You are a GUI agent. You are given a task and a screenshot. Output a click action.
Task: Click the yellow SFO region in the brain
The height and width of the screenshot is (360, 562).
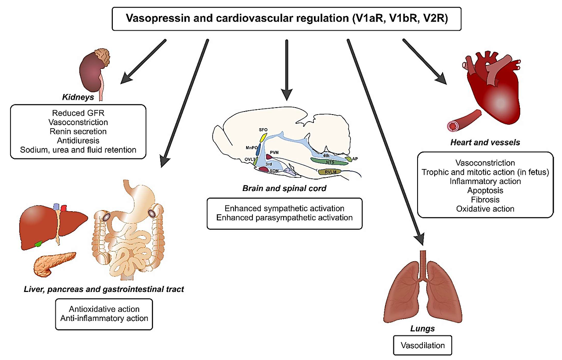263,137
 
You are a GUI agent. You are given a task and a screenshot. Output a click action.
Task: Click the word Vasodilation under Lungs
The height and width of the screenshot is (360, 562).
423,346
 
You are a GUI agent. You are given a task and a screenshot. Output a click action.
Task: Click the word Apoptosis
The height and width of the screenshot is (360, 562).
485,191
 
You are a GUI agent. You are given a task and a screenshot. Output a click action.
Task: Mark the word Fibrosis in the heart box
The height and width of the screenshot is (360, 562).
485,200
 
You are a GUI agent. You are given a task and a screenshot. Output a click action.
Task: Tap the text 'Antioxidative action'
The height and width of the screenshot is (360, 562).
104,309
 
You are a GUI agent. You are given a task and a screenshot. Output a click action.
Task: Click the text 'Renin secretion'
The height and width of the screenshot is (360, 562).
79,131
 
